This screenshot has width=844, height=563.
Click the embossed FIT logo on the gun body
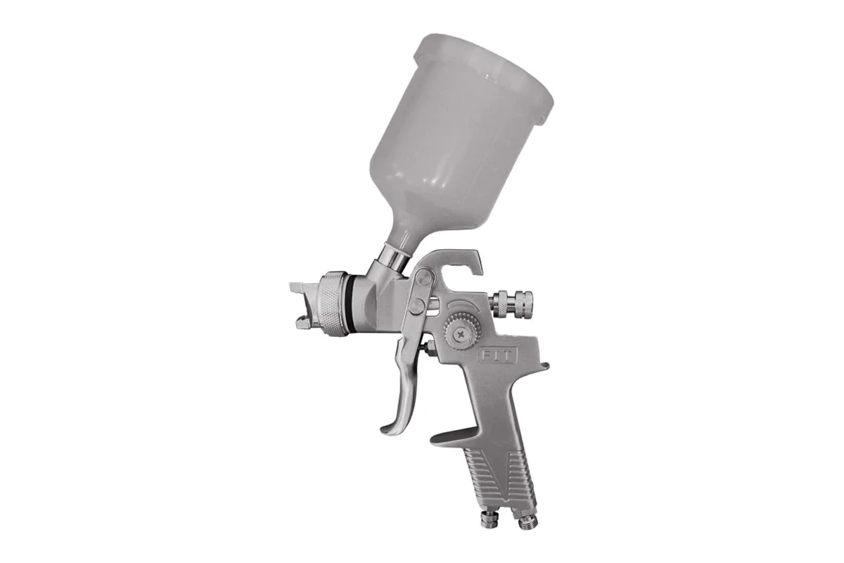[498, 356]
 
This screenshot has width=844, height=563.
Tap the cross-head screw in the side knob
[461, 334]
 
